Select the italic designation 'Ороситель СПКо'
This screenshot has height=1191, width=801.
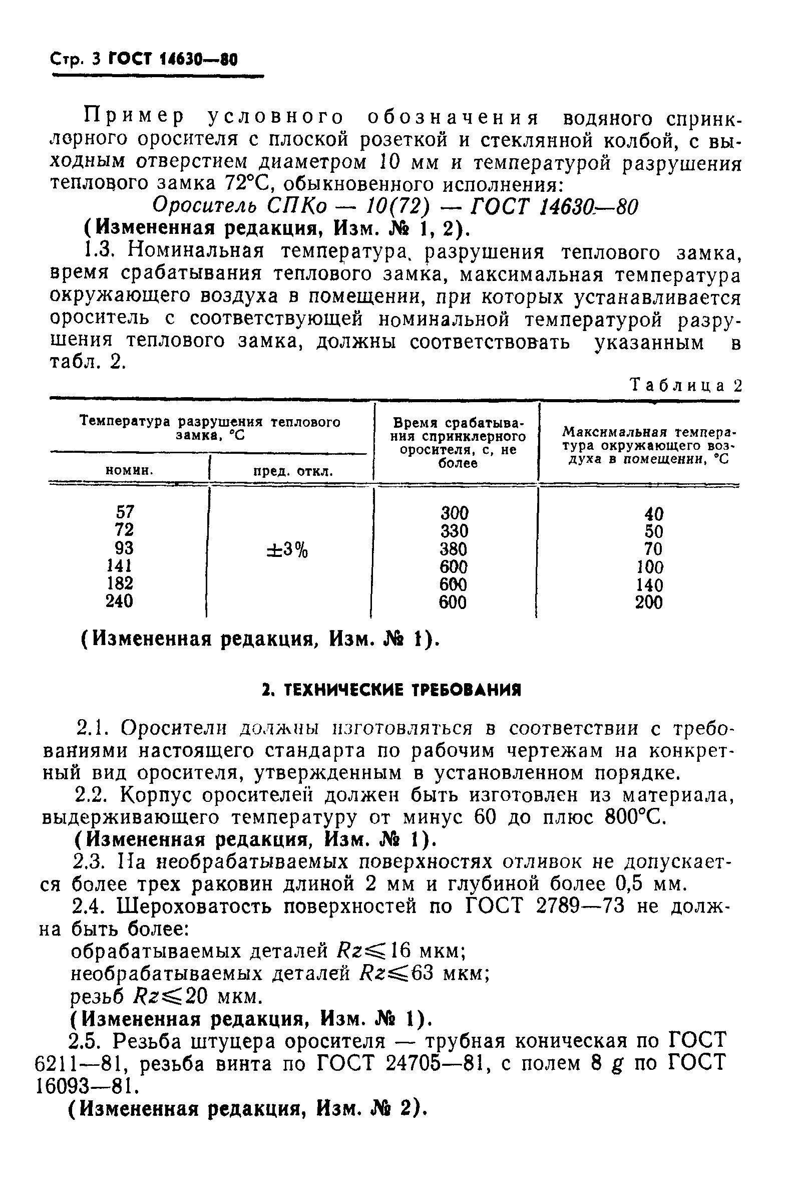coord(240,206)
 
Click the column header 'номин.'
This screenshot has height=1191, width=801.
coord(129,470)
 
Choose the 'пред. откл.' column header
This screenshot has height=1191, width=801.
coord(293,471)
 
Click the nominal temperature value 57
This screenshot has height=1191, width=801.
coord(125,511)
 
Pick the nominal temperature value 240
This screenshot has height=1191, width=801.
coord(120,601)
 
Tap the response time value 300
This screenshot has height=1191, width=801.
coord(454,513)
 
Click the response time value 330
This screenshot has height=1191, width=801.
coord(454,531)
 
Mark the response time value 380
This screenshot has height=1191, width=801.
coord(454,549)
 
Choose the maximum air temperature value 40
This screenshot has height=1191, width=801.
coord(654,513)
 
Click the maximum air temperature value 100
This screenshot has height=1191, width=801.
coord(650,566)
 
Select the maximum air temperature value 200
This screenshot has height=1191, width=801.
coord(649,603)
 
